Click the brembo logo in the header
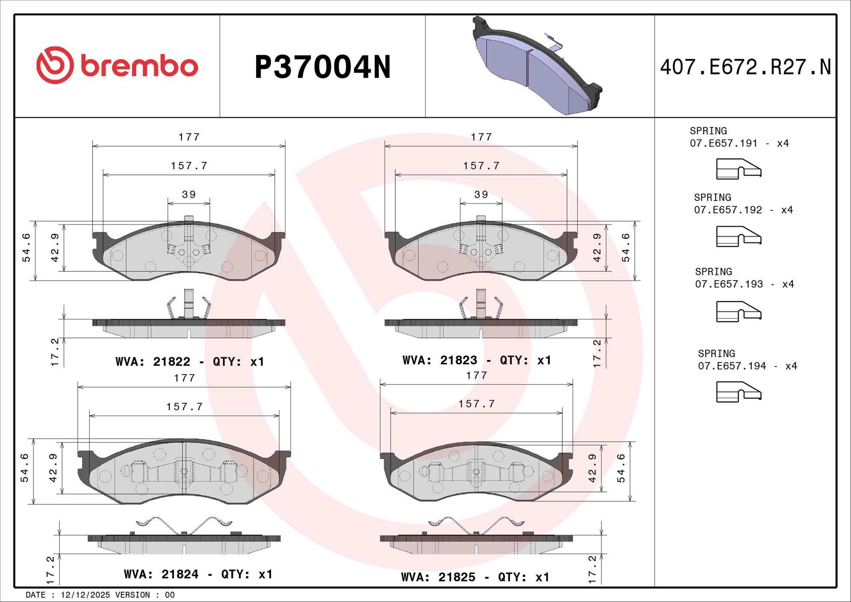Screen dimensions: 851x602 coord(117,65)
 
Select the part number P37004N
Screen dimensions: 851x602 coord(322,67)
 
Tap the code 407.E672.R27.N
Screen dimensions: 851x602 coord(745,67)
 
